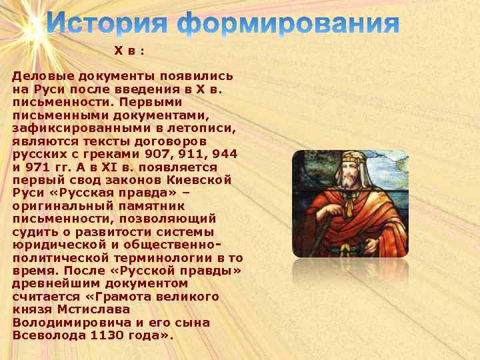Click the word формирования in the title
click(288, 24)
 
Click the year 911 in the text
click(191, 153)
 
